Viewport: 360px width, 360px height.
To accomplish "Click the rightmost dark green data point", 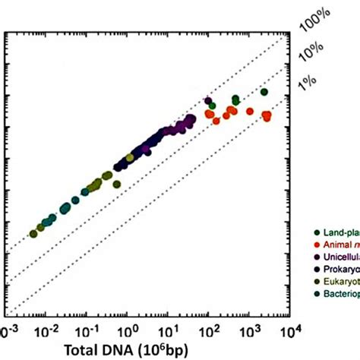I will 264,93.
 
